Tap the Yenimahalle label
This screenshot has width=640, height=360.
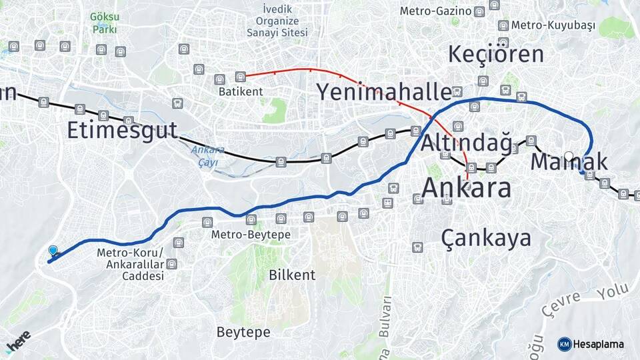pyautogui.click(x=384, y=91)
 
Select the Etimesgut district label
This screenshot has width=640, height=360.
pyautogui.click(x=122, y=129)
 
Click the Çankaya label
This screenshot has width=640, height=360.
pyautogui.click(x=486, y=238)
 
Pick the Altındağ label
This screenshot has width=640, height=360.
pyautogui.click(x=466, y=143)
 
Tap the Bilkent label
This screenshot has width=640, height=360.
pyautogui.click(x=291, y=275)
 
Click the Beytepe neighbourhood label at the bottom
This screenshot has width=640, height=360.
pyautogui.click(x=243, y=331)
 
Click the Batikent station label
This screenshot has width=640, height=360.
pyautogui.click(x=240, y=91)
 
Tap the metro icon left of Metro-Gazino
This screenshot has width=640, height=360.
pyautogui.click(x=479, y=11)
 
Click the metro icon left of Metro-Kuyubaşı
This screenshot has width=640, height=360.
pyautogui.click(x=503, y=25)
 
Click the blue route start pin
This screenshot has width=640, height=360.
pyautogui.click(x=53, y=251)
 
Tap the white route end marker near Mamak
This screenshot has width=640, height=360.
pyautogui.click(x=568, y=157)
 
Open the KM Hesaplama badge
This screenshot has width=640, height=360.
pyautogui.click(x=591, y=344)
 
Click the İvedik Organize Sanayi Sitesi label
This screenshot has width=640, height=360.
pyautogui.click(x=277, y=21)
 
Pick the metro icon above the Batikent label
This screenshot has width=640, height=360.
pyautogui.click(x=241, y=77)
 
